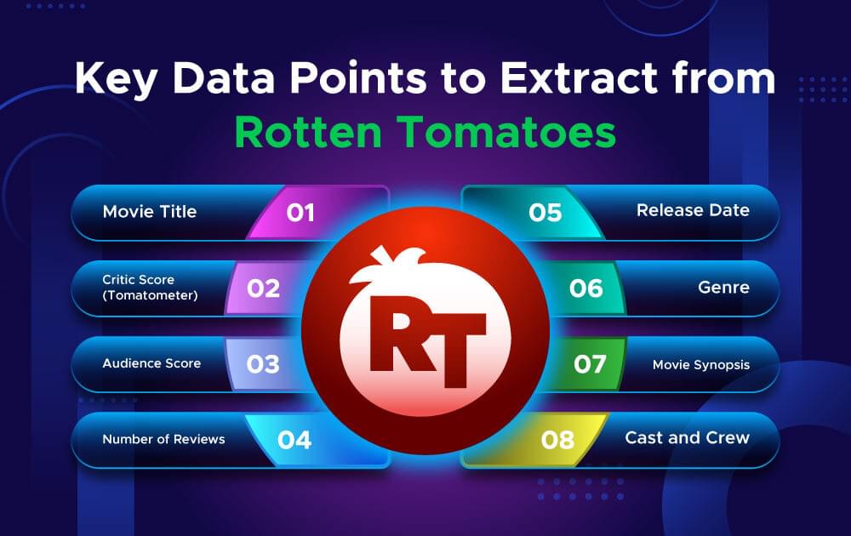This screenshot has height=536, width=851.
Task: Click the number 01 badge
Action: pyautogui.click(x=300, y=212)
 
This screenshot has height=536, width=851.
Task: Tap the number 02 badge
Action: pyautogui.click(x=263, y=288)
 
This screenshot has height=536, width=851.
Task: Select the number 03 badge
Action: pyautogui.click(x=263, y=364)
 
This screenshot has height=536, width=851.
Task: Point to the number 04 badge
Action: pyautogui.click(x=294, y=440)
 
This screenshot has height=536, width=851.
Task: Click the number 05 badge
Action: pyautogui.click(x=545, y=212)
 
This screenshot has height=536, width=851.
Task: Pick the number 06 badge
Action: pyautogui.click(x=586, y=288)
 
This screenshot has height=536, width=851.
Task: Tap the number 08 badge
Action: pyautogui.click(x=558, y=440)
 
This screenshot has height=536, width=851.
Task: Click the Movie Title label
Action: pyautogui.click(x=149, y=211)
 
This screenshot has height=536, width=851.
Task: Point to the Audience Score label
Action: pyautogui.click(x=151, y=363)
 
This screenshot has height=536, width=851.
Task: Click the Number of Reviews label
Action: pyautogui.click(x=163, y=439)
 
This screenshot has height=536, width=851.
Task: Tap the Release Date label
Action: pyautogui.click(x=693, y=210)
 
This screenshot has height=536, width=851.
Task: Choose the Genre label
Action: pyautogui.click(x=724, y=288)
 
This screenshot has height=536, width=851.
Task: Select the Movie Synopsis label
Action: pyautogui.click(x=701, y=364)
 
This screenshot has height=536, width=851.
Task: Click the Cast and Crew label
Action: pyautogui.click(x=687, y=438)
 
